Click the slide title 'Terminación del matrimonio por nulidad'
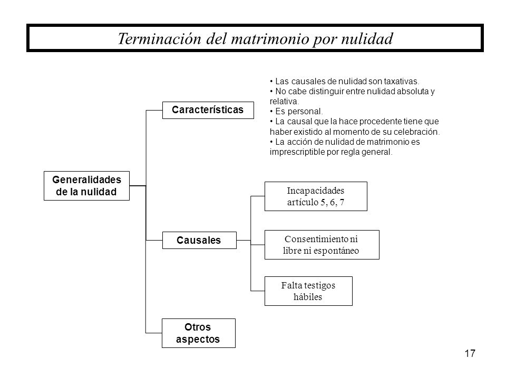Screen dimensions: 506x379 [256, 38]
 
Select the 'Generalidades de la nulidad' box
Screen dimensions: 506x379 [86, 185]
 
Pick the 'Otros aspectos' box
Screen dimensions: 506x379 [198, 333]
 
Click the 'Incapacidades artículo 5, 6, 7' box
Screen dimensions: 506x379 [315, 196]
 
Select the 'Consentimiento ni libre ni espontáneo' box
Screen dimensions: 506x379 [322, 244]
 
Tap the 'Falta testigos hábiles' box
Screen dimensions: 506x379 [307, 291]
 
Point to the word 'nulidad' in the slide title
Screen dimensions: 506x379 [367, 38]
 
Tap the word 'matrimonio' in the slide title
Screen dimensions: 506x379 [264, 38]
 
